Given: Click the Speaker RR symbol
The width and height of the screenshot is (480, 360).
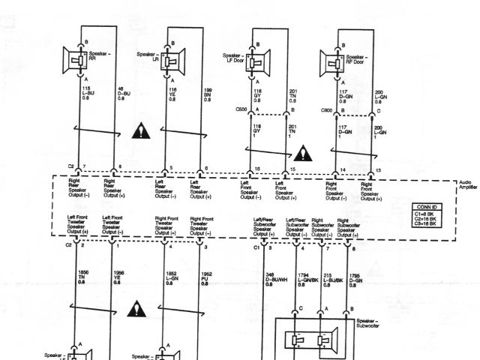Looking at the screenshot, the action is (x=78, y=59).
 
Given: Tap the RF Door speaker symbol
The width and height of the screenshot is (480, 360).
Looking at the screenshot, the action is (x=331, y=59).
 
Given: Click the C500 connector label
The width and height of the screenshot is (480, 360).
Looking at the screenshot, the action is (x=241, y=109).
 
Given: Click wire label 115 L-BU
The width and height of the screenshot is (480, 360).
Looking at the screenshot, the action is (x=88, y=94).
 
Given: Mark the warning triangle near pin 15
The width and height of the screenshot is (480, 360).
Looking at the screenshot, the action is (x=301, y=154).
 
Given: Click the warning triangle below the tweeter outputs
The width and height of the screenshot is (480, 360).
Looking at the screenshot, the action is (x=136, y=307).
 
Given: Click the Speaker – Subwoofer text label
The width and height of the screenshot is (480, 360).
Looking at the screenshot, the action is (x=364, y=324).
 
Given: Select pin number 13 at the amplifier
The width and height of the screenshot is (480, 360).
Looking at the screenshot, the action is (x=379, y=172).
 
